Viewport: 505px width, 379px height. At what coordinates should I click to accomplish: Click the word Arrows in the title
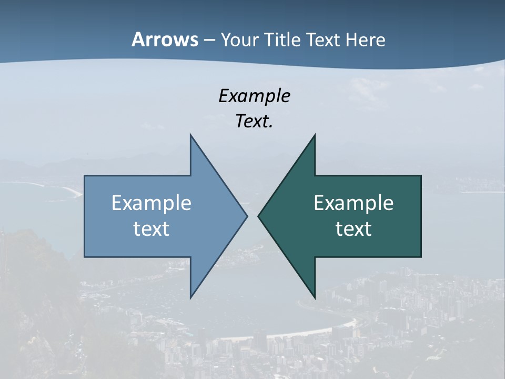pos(165,39)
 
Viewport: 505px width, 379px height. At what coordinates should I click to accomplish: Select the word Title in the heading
pos(285,40)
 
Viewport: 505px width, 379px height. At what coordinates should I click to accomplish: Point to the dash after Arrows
pos(209,41)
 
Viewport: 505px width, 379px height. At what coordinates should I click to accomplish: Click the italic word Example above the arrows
pos(254,96)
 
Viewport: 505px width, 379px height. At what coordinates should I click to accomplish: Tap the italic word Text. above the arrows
pos(254,122)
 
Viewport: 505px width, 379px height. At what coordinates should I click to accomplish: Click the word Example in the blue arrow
pos(151,203)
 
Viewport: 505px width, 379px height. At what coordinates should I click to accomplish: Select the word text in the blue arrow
pos(151,229)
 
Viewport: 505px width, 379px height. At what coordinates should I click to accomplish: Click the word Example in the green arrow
pos(353,203)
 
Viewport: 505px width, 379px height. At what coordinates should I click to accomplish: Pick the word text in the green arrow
pos(353,229)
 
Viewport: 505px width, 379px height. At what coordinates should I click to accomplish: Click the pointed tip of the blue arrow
pos(246,216)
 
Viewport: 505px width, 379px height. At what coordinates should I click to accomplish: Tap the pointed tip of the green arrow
pos(259,216)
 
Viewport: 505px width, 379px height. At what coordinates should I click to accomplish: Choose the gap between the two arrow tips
pos(252,216)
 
